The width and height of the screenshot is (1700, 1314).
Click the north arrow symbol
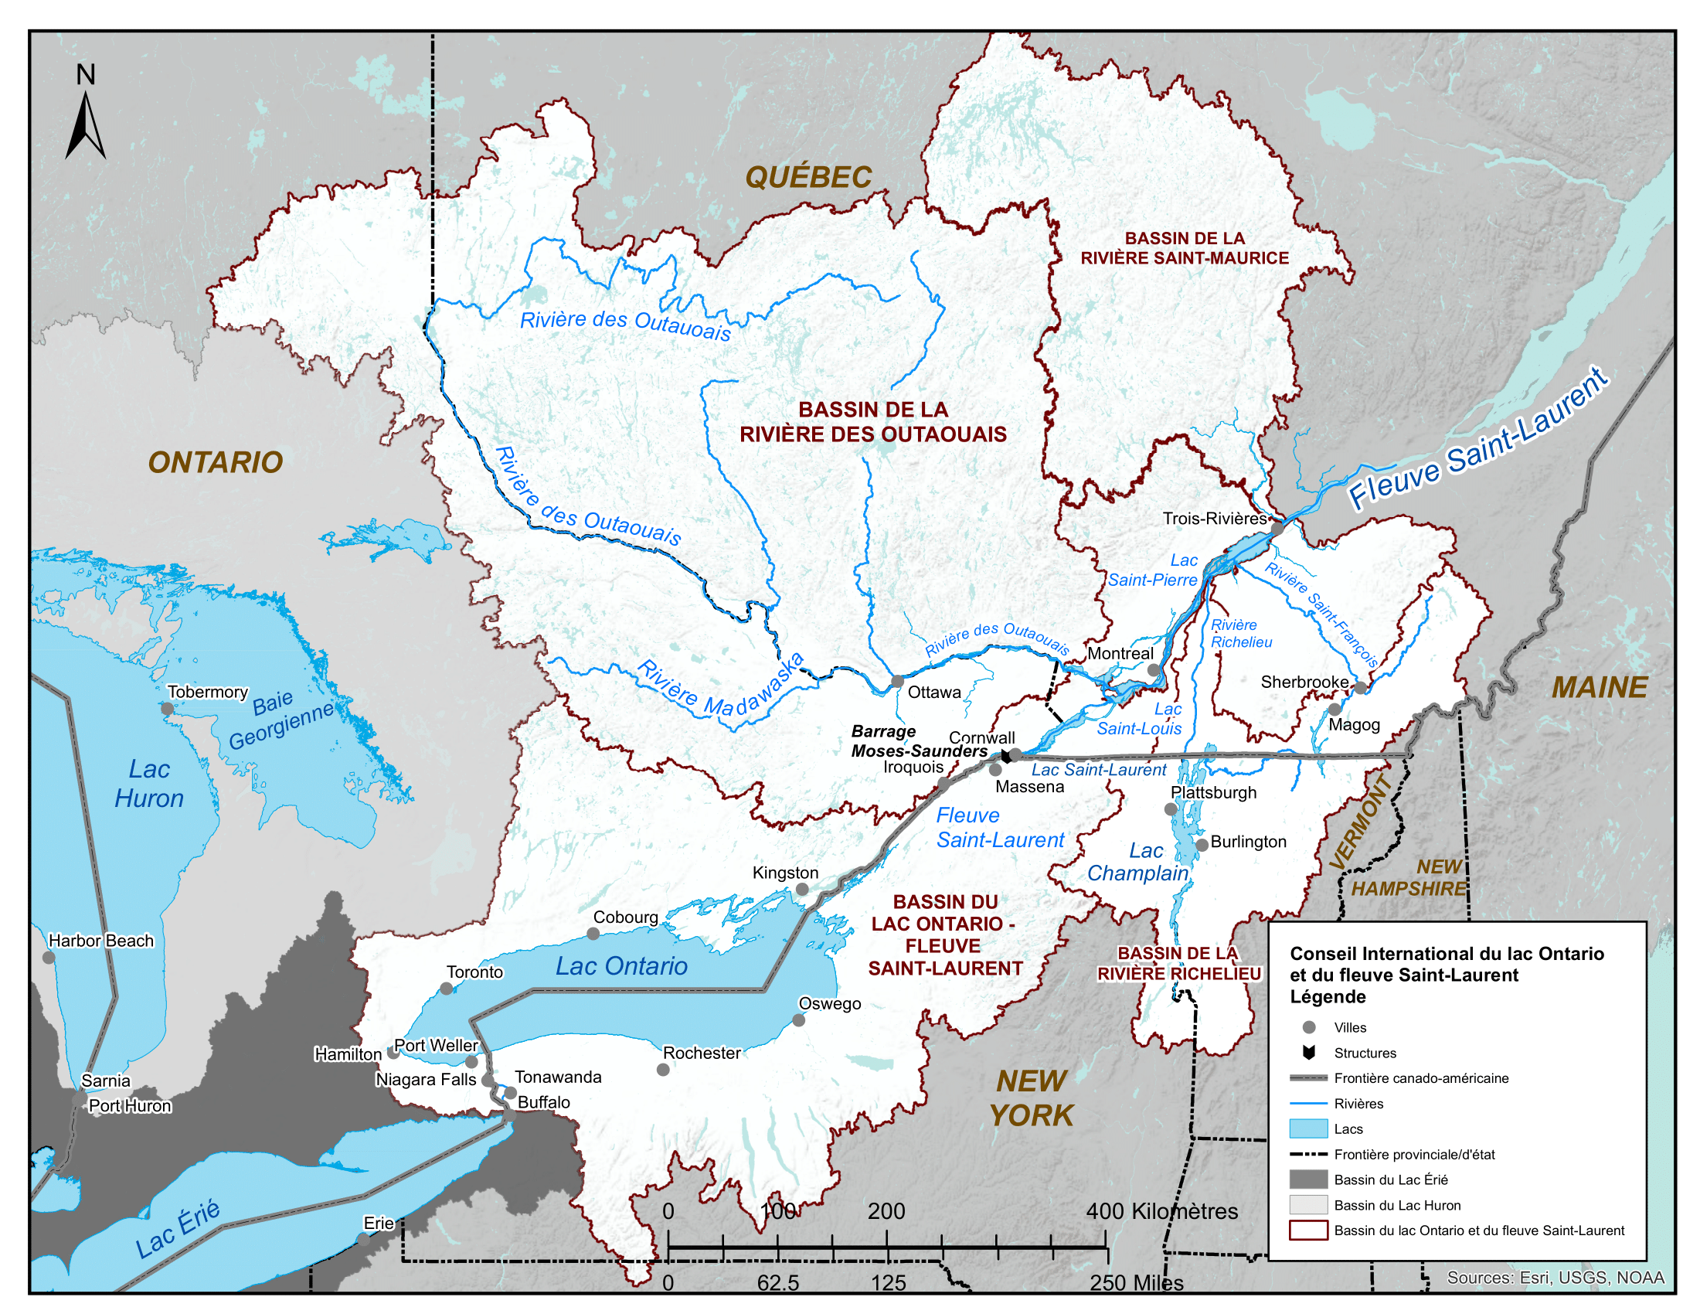point(85,124)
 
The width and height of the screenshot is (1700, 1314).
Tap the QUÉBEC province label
point(808,178)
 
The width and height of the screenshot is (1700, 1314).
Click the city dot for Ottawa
point(896,682)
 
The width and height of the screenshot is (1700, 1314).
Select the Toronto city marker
point(446,989)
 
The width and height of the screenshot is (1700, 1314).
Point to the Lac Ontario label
point(621,966)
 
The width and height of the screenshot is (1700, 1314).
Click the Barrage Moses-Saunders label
point(919,741)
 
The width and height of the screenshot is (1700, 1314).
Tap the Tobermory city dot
point(167,708)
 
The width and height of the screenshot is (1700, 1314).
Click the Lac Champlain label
point(1138,862)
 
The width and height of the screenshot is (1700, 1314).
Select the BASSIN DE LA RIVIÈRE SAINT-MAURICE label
point(1184,248)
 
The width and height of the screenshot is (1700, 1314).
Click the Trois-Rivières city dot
point(1277,528)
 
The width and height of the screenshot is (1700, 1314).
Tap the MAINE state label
point(1599,687)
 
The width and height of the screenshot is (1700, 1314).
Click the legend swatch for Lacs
point(1307,1128)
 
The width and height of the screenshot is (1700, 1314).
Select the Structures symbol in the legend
point(1308,1054)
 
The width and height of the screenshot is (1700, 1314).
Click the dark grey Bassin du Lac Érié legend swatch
point(1307,1180)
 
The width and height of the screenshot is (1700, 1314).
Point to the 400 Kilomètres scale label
point(1161,1211)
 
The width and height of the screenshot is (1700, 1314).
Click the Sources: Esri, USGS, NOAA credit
point(1555,1278)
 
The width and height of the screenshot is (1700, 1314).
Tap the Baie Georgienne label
point(280,721)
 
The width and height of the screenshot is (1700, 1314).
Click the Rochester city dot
point(662,1070)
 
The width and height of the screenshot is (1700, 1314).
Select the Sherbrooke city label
point(1304,682)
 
